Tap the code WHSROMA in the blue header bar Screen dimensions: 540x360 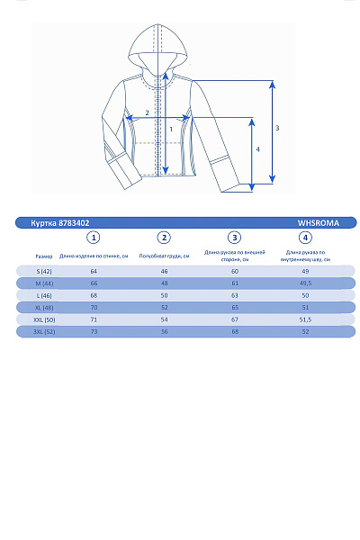click(x=316, y=222)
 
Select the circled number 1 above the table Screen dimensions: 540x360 click(x=94, y=238)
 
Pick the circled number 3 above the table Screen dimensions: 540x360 click(x=235, y=238)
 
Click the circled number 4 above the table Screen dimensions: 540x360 click(x=305, y=238)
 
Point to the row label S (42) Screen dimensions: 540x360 click(x=44, y=271)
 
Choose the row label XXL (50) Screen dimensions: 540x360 click(x=44, y=319)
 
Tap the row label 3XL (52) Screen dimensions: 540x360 click(x=44, y=332)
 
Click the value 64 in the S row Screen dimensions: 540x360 click(x=94, y=271)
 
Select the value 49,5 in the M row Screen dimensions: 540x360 click(x=305, y=283)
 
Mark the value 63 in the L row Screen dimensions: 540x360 click(x=235, y=295)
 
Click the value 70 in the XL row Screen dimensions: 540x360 click(x=94, y=307)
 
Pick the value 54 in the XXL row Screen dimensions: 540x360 click(x=164, y=319)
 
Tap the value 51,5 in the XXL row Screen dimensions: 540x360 click(x=305, y=319)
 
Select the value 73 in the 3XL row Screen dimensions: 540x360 click(x=94, y=332)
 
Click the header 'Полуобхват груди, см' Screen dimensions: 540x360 click(x=164, y=256)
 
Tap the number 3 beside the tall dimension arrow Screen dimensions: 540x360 click(x=277, y=128)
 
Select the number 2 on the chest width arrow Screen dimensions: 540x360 click(x=148, y=112)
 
